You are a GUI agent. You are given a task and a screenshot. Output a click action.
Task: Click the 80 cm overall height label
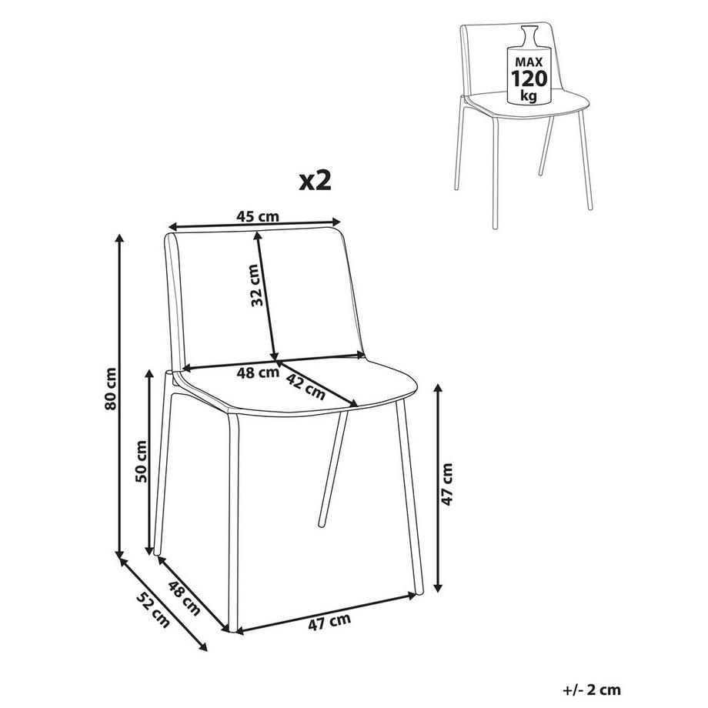(111, 389)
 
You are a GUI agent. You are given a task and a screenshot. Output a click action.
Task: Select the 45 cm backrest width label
(258, 216)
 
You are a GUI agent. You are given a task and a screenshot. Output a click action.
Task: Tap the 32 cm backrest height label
(256, 286)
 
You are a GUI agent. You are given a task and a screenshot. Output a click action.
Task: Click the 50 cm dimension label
(142, 461)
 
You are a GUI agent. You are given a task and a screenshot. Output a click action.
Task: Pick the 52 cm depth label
(154, 609)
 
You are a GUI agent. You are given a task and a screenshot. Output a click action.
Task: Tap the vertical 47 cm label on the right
(446, 485)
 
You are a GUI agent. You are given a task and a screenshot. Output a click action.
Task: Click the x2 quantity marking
(316, 181)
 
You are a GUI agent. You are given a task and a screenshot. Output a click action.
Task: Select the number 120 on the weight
(529, 78)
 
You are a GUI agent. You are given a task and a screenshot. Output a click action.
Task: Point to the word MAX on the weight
(528, 62)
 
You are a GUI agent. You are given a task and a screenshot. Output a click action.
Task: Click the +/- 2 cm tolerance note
(592, 690)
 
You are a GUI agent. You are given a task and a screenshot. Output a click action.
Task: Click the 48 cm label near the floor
(184, 598)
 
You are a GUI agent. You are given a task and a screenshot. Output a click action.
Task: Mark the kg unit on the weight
(528, 95)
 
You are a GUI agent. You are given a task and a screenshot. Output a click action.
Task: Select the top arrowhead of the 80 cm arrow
(119, 238)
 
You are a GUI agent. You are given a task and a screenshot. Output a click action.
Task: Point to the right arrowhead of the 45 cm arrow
(336, 222)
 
